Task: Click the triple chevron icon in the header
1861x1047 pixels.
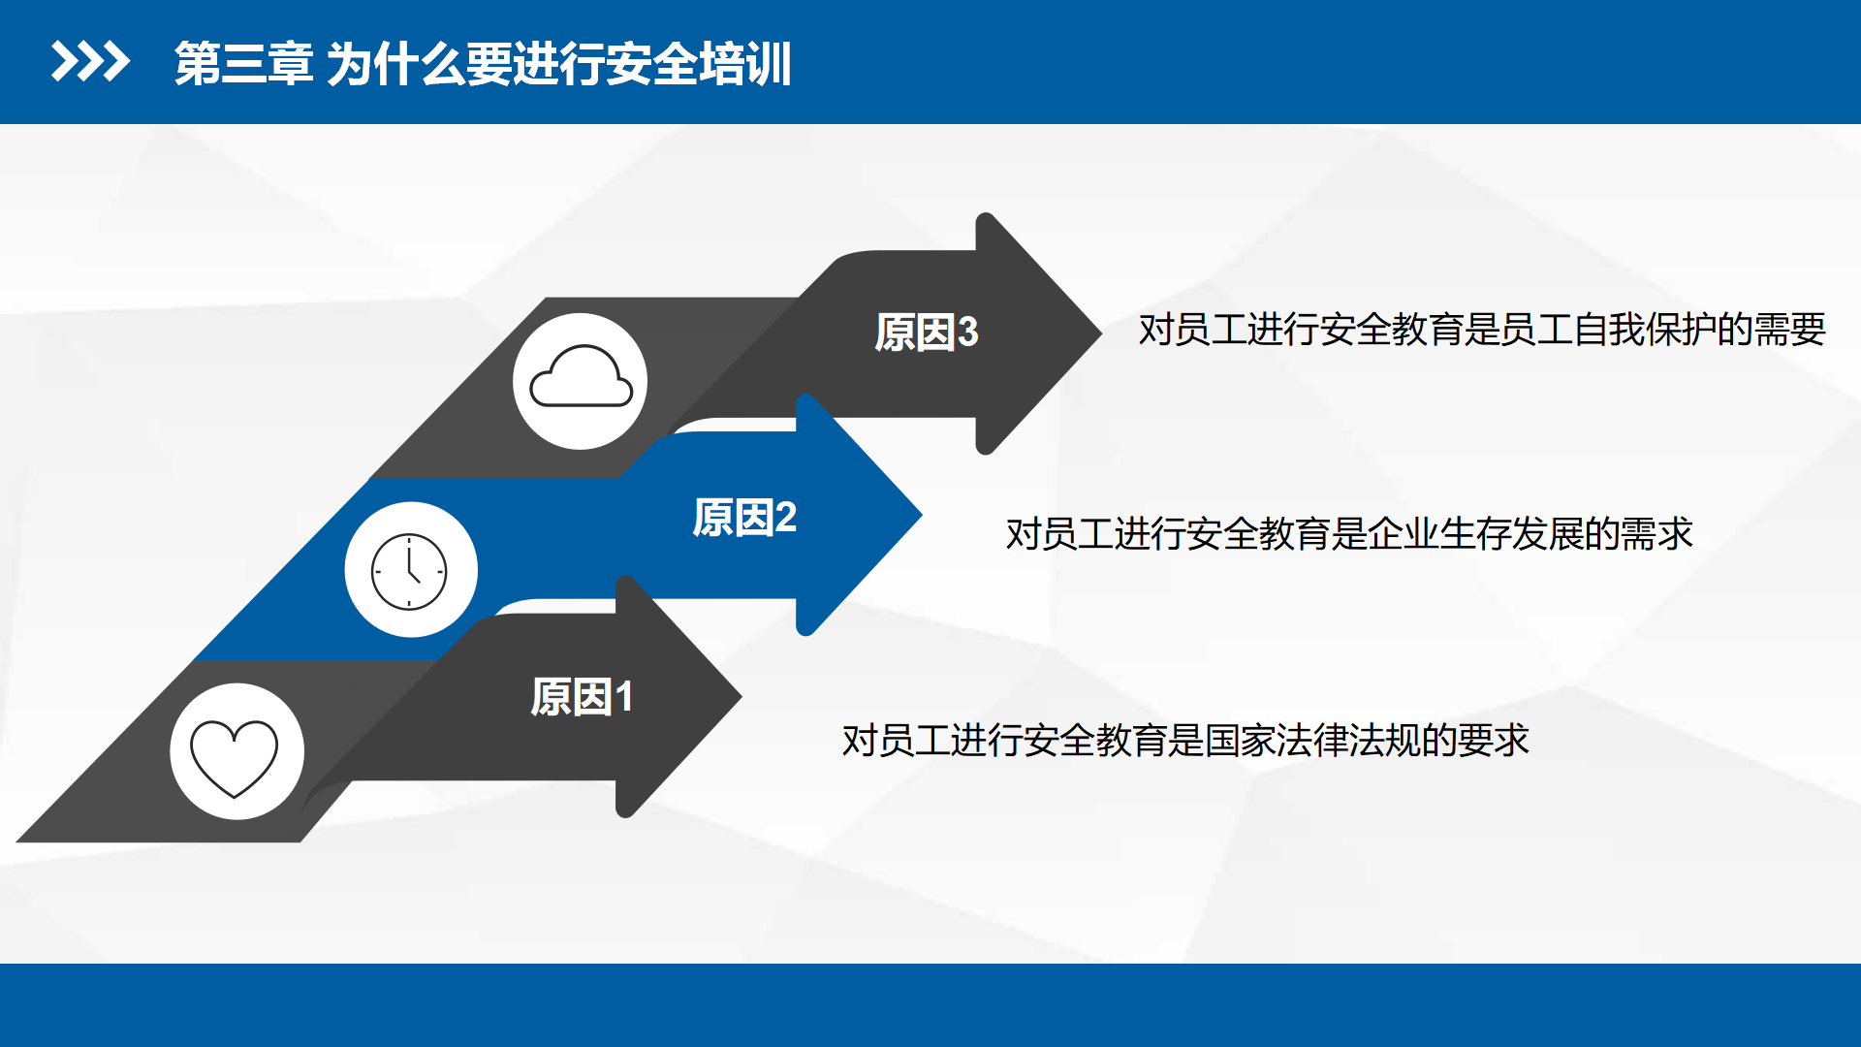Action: pyautogui.click(x=90, y=62)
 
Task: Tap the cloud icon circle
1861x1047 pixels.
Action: pyautogui.click(x=581, y=381)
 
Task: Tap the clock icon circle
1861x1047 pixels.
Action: pyautogui.click(x=411, y=570)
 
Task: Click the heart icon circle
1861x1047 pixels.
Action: pyautogui.click(x=237, y=751)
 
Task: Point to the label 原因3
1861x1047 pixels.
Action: pyautogui.click(x=927, y=333)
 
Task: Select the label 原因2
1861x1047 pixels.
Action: pyautogui.click(x=744, y=518)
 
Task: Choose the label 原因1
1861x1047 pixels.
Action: pyautogui.click(x=583, y=697)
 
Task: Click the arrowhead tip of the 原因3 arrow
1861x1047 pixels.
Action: pyautogui.click(x=1101, y=333)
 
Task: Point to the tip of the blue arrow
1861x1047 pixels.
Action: pyautogui.click(x=921, y=515)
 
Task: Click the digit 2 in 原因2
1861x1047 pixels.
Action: pyautogui.click(x=786, y=518)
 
